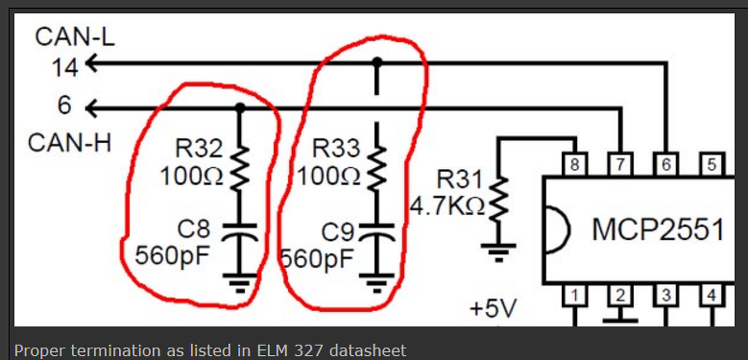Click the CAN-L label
(75, 36)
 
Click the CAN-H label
(70, 143)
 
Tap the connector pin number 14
(64, 68)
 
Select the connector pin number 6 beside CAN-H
(64, 105)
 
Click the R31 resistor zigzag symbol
(498, 199)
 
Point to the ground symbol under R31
(498, 251)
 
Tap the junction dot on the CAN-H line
(240, 108)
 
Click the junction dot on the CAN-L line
(378, 61)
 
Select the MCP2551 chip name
(658, 229)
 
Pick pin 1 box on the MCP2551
(574, 296)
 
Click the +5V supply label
(493, 309)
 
